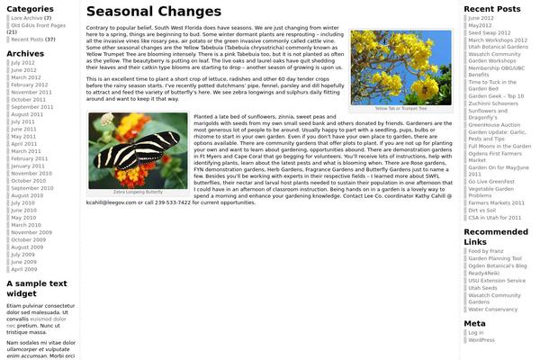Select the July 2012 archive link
pyautogui.click(x=23, y=63)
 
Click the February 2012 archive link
pyautogui.click(x=30, y=85)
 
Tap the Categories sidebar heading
pyautogui.click(x=31, y=7)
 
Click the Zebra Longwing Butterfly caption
pyautogui.click(x=138, y=192)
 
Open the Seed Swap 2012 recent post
pyautogui.click(x=487, y=32)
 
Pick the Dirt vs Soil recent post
pyautogui.click(x=481, y=209)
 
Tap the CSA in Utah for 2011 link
pyautogui.click(x=495, y=217)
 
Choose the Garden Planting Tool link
pyautogui.click(x=494, y=258)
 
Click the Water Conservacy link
pyautogui.click(x=492, y=310)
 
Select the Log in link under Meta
pyautogui.click(x=475, y=333)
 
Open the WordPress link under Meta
pyautogui.click(x=481, y=340)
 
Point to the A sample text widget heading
pyautogui.click(x=37, y=288)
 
